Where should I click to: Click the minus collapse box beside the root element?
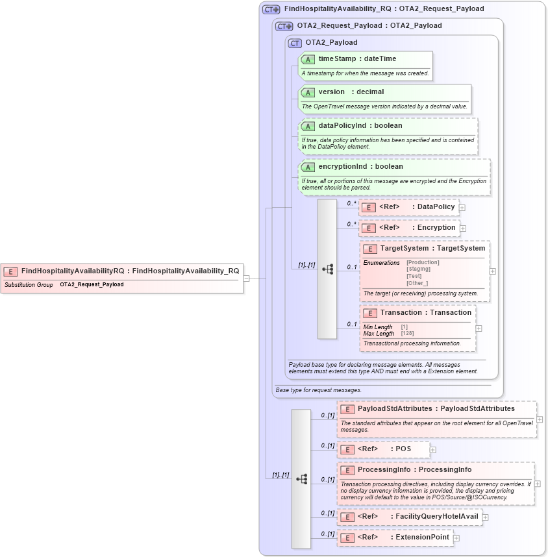(247, 278)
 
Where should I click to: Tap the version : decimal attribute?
(351, 92)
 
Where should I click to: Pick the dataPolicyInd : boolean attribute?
(360, 125)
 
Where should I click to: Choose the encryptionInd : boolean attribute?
(360, 167)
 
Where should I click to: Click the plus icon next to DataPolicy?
(462, 208)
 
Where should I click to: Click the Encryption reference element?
(409, 228)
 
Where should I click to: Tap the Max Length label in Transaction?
(379, 333)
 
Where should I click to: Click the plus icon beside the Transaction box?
(479, 328)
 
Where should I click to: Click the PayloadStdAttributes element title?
(436, 409)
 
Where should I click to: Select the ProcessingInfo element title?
(414, 469)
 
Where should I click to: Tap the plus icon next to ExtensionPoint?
(456, 538)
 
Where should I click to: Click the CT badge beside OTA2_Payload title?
(295, 43)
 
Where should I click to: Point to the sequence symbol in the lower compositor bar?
(301, 479)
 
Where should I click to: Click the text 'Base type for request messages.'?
(318, 390)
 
